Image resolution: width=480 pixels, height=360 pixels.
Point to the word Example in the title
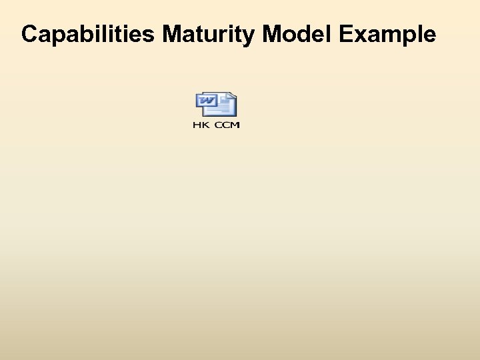[387, 34]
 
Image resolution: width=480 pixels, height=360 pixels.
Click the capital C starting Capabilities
[29, 34]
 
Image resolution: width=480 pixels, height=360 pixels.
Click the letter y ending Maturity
[251, 37]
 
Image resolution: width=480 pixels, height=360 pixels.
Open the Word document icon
[216, 104]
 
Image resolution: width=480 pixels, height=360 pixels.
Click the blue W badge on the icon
[206, 101]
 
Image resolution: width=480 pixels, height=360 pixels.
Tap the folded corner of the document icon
[232, 95]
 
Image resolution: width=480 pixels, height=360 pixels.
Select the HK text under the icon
[201, 125]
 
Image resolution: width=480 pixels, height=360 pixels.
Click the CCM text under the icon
[227, 125]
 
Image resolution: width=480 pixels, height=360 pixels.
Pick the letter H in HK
[197, 125]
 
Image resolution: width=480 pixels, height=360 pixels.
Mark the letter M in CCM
[235, 125]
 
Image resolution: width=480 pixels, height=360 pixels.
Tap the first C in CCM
[218, 125]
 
